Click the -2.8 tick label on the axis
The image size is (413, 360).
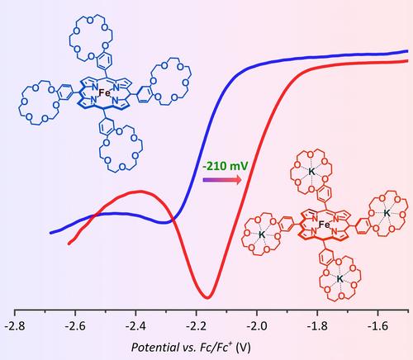coord(15,326)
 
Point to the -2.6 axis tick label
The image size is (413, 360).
coord(75,326)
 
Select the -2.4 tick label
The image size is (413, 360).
coord(135,326)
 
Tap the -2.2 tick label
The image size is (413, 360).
coord(196,326)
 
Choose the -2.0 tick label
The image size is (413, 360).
coord(257,326)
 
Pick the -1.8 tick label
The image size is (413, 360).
coord(317,326)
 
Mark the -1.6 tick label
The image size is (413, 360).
coord(377,326)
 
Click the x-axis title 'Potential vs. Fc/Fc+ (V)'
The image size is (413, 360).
coord(191,348)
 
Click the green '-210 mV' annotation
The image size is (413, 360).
coord(225,166)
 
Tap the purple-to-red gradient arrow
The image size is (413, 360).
coord(222,180)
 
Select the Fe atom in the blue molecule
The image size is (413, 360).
coord(104,92)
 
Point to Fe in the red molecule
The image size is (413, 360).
coord(324,225)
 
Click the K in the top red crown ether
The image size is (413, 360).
coord(311,172)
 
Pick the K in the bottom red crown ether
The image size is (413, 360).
coord(340,279)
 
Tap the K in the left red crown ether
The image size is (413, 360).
coord(262,234)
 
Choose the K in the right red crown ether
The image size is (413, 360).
coord(387,212)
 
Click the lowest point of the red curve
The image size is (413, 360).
coord(207,297)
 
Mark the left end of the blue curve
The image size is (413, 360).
coord(51,233)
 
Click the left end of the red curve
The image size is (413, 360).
coord(69,244)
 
